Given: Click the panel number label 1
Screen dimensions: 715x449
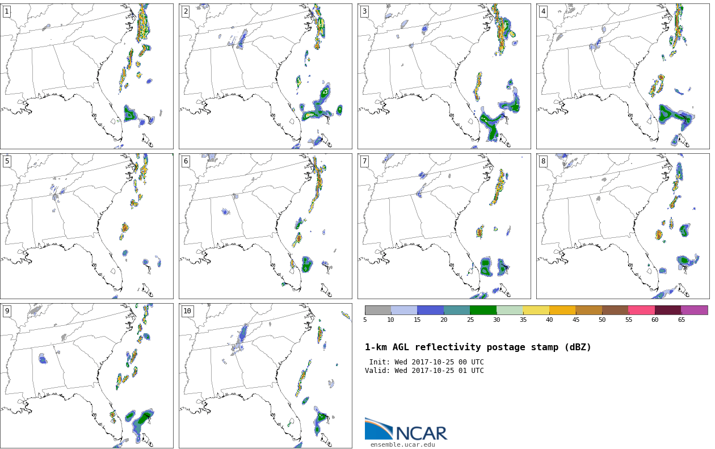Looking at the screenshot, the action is [7, 11].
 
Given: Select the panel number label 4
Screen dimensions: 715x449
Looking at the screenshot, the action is [543, 11].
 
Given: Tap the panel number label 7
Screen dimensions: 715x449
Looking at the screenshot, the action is [364, 161].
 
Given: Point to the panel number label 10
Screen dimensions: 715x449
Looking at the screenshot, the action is [187, 311].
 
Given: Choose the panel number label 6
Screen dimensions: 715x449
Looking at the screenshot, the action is [186, 161].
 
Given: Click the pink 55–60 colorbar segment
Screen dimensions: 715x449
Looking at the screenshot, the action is [641, 310].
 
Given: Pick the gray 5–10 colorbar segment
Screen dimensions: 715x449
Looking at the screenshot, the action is [378, 310].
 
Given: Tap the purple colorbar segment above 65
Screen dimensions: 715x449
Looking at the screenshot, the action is [694, 310].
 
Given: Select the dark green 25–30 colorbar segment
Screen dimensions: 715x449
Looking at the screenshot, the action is [483, 310].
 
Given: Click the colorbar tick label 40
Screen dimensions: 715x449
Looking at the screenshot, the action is [549, 320].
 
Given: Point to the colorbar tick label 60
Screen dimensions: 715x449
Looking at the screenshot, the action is [655, 320].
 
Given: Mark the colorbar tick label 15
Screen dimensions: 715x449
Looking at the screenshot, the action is [417, 320].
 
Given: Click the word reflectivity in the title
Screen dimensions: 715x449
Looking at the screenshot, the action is [445, 347].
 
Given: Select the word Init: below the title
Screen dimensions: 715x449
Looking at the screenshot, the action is [380, 362].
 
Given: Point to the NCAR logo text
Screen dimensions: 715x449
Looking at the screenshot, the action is [422, 433].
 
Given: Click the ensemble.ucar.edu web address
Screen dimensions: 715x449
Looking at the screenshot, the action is [402, 444].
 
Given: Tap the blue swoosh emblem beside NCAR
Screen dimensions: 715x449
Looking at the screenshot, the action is [379, 429].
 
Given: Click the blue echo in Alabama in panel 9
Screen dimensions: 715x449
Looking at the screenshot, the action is [43, 359].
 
